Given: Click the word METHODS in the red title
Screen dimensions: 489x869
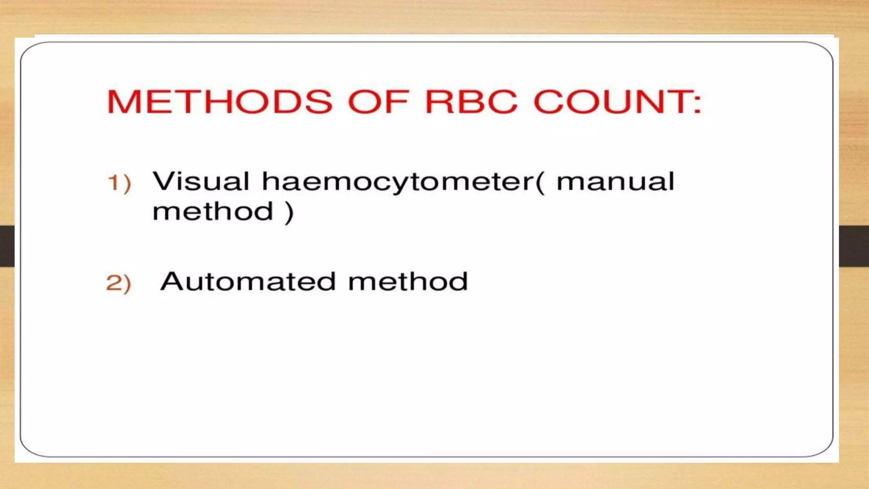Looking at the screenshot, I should [x=219, y=102].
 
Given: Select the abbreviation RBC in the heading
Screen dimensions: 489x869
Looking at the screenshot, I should [x=471, y=102].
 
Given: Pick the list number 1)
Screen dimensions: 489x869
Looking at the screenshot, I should [x=119, y=183].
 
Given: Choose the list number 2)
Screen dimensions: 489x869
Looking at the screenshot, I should [x=118, y=283].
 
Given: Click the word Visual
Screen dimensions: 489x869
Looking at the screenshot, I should [x=201, y=182].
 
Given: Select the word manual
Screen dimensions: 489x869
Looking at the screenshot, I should [x=615, y=182].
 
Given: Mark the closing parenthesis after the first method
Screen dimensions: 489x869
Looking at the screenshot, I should [x=289, y=212].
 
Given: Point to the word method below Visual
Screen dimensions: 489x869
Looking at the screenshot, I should [x=213, y=211].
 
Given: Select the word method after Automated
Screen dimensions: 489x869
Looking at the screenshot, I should [x=408, y=281].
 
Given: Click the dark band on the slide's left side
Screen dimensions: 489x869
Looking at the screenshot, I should [x=7, y=246].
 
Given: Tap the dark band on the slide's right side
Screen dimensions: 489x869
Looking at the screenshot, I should [x=854, y=246].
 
